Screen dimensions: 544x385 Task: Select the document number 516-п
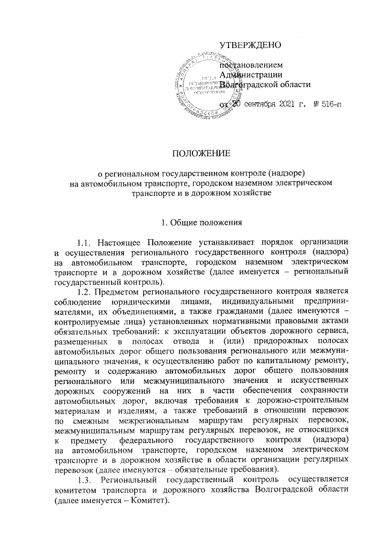[x=327, y=106]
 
